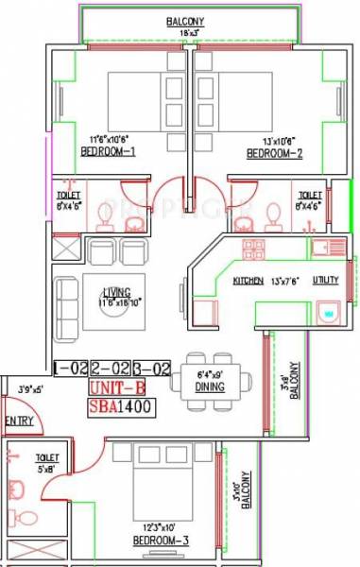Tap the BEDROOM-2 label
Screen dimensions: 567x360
pyautogui.click(x=275, y=151)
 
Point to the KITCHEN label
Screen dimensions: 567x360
pyautogui.click(x=249, y=282)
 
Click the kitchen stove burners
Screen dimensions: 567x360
pyautogui.click(x=253, y=249)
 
